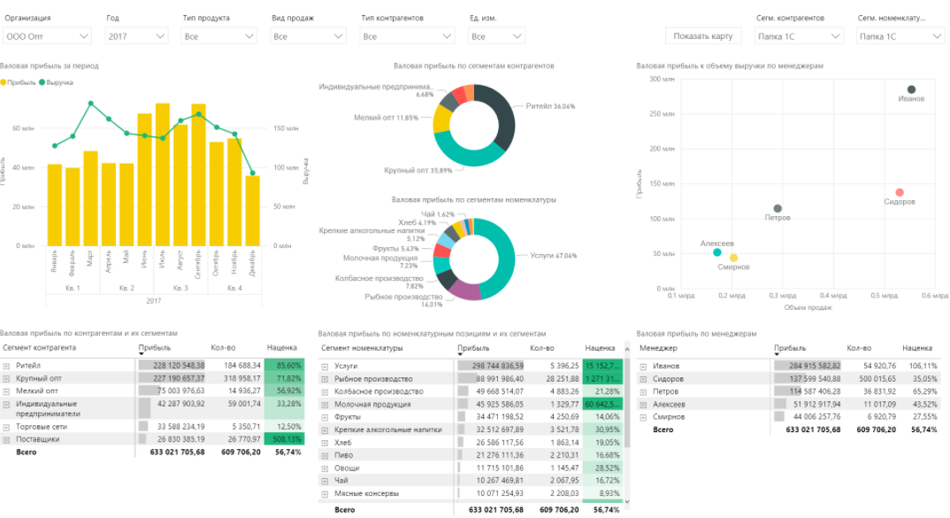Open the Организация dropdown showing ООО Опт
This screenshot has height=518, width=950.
[x=47, y=36]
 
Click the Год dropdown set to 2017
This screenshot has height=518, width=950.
[x=135, y=36]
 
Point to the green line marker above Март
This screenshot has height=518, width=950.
[x=90, y=104]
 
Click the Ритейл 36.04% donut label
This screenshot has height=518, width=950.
[x=550, y=106]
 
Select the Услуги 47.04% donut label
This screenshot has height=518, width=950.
[x=553, y=255]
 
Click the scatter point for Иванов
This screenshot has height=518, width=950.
[x=911, y=89]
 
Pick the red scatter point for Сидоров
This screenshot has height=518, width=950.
[x=899, y=192]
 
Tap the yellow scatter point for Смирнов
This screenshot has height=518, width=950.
[x=733, y=258]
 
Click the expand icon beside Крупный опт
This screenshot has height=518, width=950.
[x=6, y=379]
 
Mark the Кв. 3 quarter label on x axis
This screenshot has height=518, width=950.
[x=180, y=288]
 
